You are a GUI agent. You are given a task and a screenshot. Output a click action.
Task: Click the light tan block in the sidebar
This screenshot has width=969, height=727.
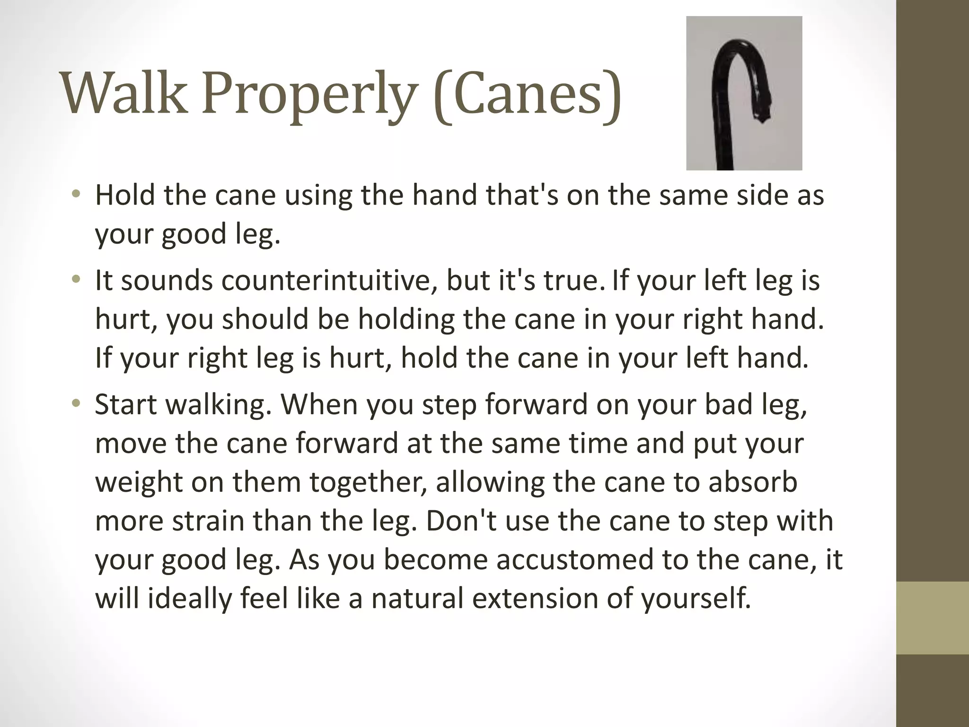[933, 618]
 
